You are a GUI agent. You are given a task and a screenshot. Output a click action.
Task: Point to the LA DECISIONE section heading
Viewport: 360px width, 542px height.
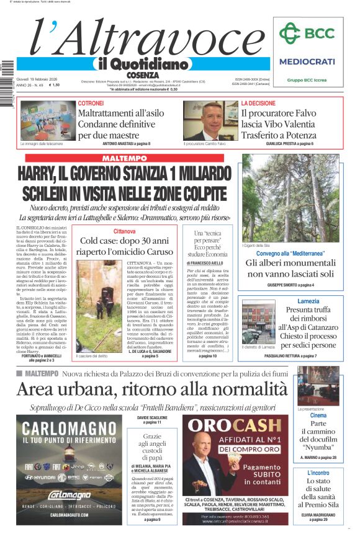click(259, 104)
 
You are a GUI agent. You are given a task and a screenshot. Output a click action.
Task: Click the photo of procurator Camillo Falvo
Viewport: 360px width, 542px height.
click(202, 120)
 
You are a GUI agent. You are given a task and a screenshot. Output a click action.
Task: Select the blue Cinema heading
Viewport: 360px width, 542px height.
click(318, 415)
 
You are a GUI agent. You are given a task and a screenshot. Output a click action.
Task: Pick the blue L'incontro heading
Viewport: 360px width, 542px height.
click(318, 473)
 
